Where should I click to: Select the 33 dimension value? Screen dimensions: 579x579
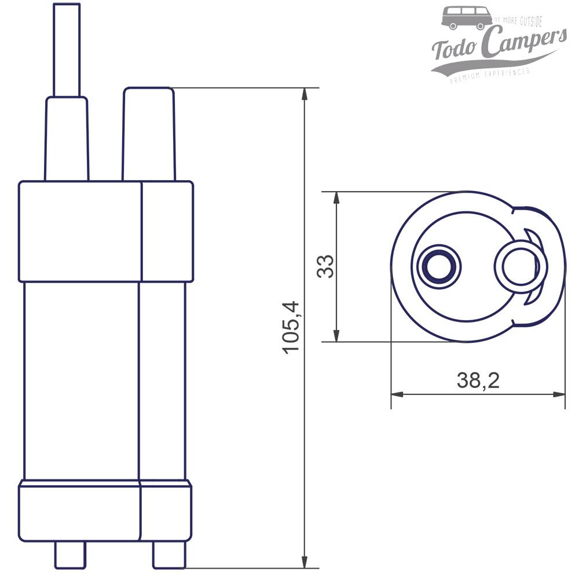[326, 266]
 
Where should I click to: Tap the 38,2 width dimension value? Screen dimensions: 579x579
[478, 380]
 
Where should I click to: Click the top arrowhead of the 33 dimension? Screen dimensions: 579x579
[336, 197]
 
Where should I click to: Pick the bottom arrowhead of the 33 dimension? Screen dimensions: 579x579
[336, 336]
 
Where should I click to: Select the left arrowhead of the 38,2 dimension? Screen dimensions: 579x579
[397, 394]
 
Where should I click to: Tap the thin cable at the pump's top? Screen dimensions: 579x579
[67, 49]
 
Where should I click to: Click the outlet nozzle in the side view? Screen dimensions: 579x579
[148, 133]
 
